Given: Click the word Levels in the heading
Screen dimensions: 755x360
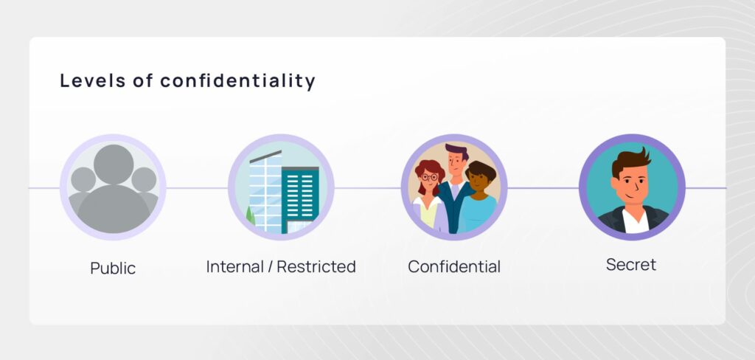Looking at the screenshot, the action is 91,80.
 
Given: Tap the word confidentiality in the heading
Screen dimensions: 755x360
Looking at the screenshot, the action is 238,81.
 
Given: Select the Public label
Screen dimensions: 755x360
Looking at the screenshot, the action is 113,268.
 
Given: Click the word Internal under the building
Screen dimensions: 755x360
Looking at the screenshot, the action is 236,266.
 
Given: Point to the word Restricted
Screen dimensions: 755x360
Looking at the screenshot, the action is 316,266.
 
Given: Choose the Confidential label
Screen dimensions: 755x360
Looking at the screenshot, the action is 454,266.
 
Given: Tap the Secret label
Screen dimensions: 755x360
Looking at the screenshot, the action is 631,265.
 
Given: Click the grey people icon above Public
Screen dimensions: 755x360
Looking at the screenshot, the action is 113,188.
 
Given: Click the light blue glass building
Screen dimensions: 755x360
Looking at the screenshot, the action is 265,193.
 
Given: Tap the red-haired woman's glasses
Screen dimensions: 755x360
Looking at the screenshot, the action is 430,177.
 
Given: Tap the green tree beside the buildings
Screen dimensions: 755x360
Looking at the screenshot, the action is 251,216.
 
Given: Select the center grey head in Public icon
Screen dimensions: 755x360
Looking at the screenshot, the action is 114,165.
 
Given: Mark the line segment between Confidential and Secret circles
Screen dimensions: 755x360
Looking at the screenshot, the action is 543,188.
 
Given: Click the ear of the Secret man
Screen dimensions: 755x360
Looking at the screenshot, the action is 614,185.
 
